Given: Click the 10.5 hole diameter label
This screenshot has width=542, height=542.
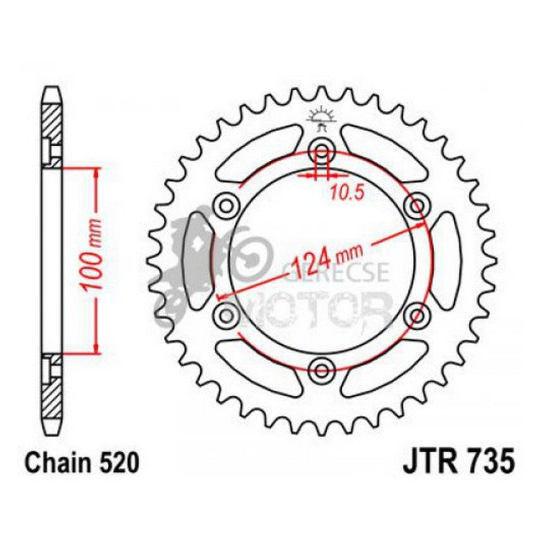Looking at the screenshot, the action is (x=347, y=192).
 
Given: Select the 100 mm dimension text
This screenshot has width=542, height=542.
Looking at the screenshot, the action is (x=92, y=253).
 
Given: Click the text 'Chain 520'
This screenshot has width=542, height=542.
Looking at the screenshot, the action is (x=82, y=463).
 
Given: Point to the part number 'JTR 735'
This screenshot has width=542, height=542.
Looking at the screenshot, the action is (x=459, y=461).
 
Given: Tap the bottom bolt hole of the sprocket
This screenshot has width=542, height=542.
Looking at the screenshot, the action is (x=322, y=371).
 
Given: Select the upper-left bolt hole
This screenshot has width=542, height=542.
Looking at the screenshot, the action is (x=227, y=206).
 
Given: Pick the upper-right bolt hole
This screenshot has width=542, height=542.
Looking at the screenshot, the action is (x=417, y=206).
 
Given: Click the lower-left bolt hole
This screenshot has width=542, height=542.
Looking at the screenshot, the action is (x=227, y=315).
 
